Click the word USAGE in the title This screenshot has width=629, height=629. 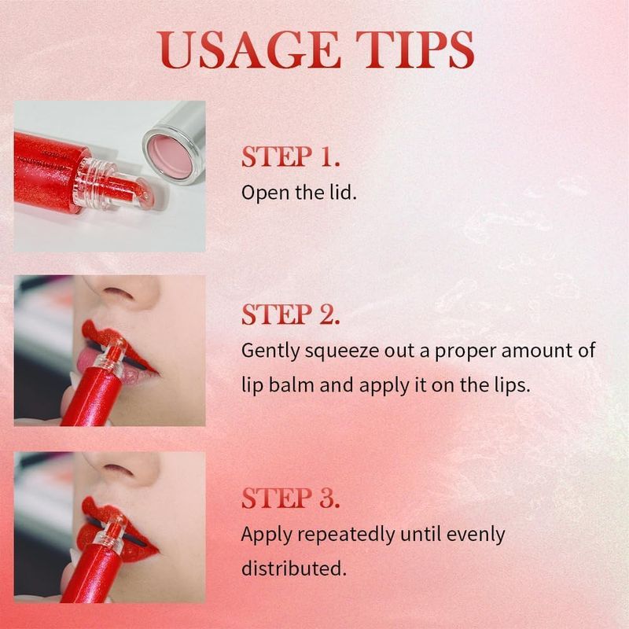pyautogui.click(x=248, y=50)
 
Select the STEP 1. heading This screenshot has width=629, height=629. pyautogui.click(x=290, y=156)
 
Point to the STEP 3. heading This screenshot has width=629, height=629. pyautogui.click(x=290, y=498)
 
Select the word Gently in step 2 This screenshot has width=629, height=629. pyautogui.click(x=270, y=351)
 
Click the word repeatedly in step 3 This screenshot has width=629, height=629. pyautogui.click(x=347, y=535)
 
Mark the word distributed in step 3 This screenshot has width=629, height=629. pyautogui.click(x=293, y=568)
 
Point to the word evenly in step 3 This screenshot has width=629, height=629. pyautogui.click(x=476, y=535)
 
